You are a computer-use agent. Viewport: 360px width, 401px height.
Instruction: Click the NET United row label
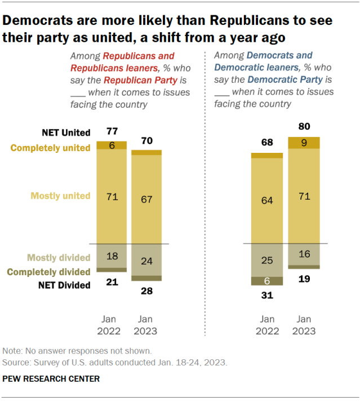click(x=66, y=133)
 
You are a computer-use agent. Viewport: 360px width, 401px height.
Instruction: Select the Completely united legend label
click(x=58, y=148)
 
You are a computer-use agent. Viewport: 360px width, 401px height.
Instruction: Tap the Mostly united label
click(x=60, y=196)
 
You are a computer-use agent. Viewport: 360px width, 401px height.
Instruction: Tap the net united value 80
click(x=304, y=126)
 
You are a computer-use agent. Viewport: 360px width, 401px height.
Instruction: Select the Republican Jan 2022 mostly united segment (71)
click(x=112, y=196)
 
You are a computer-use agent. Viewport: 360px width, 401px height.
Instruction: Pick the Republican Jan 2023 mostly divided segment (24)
click(x=146, y=261)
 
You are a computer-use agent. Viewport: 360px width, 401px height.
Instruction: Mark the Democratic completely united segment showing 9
click(x=304, y=143)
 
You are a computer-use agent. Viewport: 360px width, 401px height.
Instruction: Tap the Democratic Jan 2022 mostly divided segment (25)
click(x=266, y=261)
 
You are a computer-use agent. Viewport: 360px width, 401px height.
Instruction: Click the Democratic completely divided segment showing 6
click(x=266, y=281)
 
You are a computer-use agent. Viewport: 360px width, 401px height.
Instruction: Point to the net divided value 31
click(x=266, y=294)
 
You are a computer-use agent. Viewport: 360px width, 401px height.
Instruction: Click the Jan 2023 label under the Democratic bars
click(x=304, y=325)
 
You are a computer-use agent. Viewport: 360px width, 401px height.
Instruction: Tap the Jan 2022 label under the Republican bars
click(x=112, y=325)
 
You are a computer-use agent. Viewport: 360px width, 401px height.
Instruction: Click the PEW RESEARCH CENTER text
click(x=51, y=379)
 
